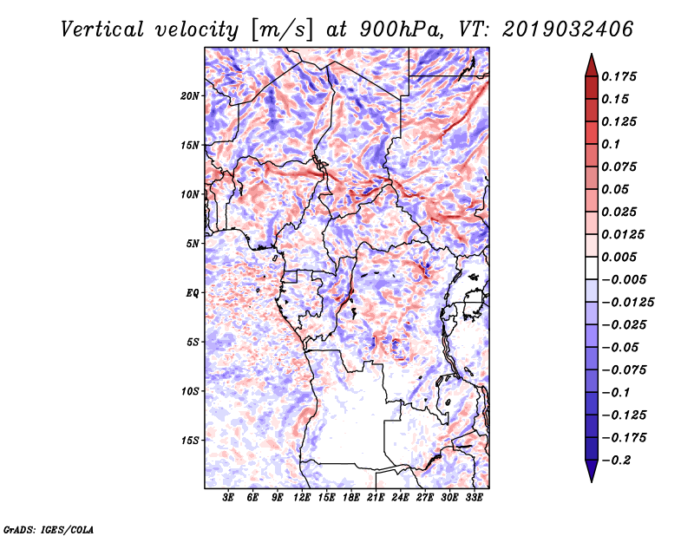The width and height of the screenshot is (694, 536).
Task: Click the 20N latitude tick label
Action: [x=190, y=95]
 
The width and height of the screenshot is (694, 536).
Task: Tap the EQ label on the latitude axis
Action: [x=193, y=293]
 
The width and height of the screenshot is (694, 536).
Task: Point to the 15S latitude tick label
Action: [x=190, y=441]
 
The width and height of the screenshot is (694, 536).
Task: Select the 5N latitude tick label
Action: [x=193, y=244]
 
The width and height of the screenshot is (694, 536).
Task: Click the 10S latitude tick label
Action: [x=190, y=391]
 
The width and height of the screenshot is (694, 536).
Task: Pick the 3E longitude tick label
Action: [x=229, y=498]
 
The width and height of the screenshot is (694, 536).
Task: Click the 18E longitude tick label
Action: [x=351, y=498]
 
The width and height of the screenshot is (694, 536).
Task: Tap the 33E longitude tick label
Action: [x=474, y=498]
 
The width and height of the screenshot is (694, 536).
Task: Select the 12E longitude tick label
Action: [x=302, y=498]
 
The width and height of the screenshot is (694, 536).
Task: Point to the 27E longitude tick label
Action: [x=425, y=498]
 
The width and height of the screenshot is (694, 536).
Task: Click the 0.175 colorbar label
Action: [x=621, y=76]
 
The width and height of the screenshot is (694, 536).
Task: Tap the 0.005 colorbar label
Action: [x=621, y=257]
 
